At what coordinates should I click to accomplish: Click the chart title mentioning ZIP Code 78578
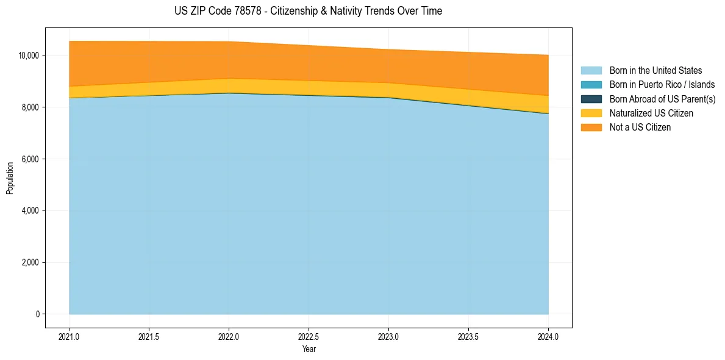pos(308,11)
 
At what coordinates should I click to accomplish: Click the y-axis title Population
pos(10,178)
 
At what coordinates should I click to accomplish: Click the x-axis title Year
pos(309,349)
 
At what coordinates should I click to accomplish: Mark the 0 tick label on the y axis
pos(37,314)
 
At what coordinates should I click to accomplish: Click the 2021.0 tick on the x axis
pos(70,336)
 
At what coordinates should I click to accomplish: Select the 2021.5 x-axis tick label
pos(149,336)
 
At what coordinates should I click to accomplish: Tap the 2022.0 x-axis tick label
pos(229,336)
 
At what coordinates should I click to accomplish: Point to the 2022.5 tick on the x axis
pos(309,336)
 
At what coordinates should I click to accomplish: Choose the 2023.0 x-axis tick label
pos(389,336)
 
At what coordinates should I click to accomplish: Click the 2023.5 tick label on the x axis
pos(469,336)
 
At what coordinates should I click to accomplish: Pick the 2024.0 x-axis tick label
pos(549,336)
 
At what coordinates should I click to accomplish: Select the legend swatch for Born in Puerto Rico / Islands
pos(591,85)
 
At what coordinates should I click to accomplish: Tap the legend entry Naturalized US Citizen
pos(651,113)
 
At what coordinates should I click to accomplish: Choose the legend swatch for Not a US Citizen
pos(591,128)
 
